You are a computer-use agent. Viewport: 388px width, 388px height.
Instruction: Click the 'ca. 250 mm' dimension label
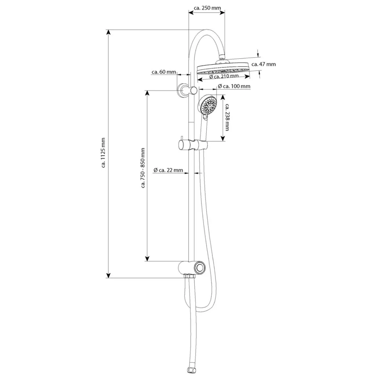(x=207, y=8)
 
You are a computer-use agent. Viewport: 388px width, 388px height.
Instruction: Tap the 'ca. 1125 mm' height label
(x=103, y=153)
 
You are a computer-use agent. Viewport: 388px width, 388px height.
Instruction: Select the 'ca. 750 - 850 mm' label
(x=143, y=168)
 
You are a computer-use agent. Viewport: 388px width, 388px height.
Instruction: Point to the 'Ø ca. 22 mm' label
(x=168, y=170)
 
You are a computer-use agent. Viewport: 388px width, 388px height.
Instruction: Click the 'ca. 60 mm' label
(x=164, y=72)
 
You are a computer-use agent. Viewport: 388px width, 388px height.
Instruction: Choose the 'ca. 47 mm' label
(x=264, y=64)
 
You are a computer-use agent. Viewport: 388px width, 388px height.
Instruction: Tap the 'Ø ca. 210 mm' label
(x=224, y=77)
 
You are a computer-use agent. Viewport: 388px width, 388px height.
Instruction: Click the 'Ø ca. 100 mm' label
(x=234, y=86)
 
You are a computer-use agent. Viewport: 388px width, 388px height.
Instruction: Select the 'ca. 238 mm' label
(x=227, y=117)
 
